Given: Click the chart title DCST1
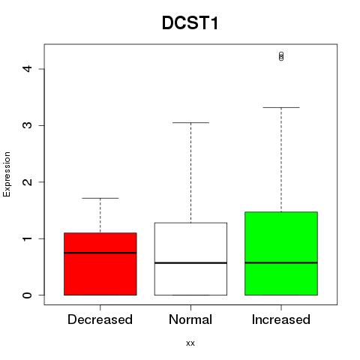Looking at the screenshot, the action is click(x=190, y=23).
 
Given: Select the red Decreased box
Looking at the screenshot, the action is click(x=100, y=264).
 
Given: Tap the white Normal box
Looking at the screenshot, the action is click(x=190, y=259).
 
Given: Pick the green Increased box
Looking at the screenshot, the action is click(x=281, y=253).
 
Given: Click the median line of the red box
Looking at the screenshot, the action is click(x=100, y=253).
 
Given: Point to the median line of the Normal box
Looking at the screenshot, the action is click(x=190, y=263).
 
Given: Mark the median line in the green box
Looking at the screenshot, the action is click(x=281, y=262).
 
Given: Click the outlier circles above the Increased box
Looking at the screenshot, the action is click(x=281, y=56).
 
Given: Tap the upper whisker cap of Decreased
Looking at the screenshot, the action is click(x=100, y=198).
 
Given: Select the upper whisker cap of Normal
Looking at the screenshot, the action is click(x=190, y=123).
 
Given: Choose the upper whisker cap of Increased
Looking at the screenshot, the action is click(x=281, y=107).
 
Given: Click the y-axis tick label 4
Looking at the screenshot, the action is click(x=27, y=69).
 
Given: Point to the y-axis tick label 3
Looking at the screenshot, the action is click(x=27, y=125).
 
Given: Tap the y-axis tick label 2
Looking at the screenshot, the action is click(x=27, y=181).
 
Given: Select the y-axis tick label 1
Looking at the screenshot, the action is click(x=27, y=238).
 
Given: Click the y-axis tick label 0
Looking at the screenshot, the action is click(x=27, y=295).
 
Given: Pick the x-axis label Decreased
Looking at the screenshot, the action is click(x=100, y=319).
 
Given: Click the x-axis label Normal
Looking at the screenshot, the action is click(x=190, y=319).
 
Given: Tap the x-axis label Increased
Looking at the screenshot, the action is click(x=281, y=319).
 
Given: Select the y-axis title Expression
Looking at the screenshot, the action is click(x=7, y=174).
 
